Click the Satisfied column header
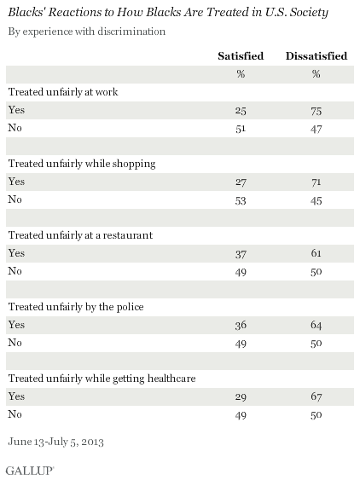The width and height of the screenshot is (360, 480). (x=241, y=56)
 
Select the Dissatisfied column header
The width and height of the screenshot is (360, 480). (x=316, y=56)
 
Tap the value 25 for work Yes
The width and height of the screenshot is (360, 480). (x=241, y=111)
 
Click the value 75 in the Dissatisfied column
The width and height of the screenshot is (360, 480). (x=316, y=111)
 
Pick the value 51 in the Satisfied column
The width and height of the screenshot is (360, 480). (x=241, y=129)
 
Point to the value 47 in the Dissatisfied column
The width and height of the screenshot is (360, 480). (x=316, y=129)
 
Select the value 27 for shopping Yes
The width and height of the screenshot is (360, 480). (x=241, y=182)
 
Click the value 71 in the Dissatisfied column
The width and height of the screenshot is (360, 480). (x=316, y=182)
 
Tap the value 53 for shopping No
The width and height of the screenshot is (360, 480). (x=241, y=200)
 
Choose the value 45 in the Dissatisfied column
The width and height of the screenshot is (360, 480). (x=316, y=200)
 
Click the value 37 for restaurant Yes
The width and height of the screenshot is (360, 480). (x=241, y=254)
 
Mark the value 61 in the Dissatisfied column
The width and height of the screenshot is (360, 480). (x=316, y=253)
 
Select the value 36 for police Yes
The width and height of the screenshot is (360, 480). (x=241, y=325)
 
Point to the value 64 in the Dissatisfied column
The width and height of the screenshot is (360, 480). (x=316, y=325)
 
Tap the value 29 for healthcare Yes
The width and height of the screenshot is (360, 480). (x=241, y=396)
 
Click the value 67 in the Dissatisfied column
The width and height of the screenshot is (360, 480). (x=316, y=396)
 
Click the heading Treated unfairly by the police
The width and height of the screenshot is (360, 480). (x=76, y=307)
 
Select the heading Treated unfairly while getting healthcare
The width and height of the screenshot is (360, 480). (x=102, y=379)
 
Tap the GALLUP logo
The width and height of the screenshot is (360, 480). (x=29, y=471)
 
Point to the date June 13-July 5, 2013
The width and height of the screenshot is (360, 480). (x=55, y=442)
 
